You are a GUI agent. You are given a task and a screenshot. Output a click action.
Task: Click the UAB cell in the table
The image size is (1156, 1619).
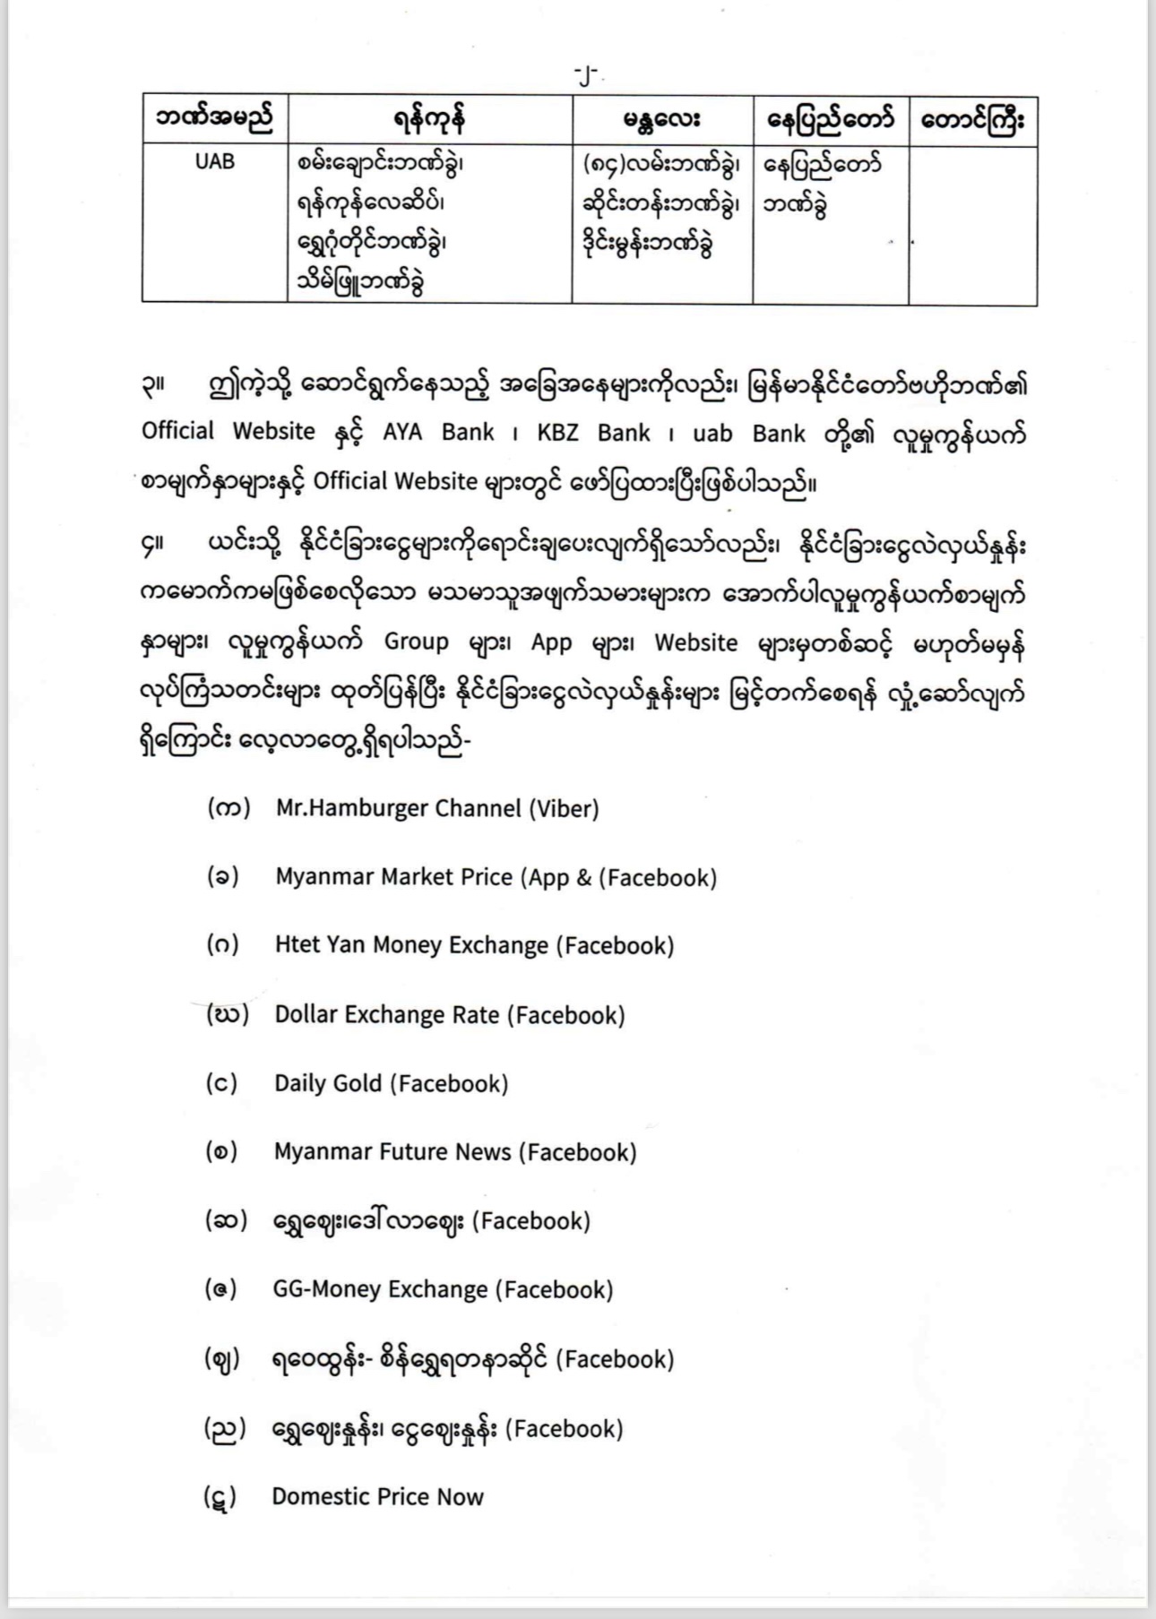coord(215,162)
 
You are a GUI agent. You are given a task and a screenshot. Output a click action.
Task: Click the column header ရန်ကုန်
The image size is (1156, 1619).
coord(430,120)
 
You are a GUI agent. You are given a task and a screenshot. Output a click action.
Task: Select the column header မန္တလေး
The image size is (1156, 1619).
coord(662,120)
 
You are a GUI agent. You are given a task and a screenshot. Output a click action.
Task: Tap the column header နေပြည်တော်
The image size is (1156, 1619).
coord(830,120)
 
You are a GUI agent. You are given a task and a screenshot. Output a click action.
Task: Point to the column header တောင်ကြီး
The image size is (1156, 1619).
coord(972,120)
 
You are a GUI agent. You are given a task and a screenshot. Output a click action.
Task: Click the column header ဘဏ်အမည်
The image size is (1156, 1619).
coord(215,120)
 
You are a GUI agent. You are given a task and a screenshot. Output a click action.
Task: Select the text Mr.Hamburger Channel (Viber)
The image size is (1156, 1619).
coord(437,808)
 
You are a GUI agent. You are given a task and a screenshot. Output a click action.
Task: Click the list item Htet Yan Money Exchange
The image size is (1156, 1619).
coord(474,945)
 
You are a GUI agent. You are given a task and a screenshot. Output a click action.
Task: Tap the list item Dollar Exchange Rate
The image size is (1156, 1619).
coord(449,1014)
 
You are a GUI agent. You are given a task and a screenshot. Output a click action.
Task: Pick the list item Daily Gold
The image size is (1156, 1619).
coord(391,1083)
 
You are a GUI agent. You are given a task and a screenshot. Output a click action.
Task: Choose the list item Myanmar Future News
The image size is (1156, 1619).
coord(455,1152)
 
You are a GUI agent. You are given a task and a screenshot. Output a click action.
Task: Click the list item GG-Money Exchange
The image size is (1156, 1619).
coord(443,1289)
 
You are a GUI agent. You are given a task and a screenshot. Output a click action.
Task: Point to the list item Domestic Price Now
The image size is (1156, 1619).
coord(377,1496)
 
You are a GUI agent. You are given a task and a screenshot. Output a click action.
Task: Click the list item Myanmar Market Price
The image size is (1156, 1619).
coord(496,877)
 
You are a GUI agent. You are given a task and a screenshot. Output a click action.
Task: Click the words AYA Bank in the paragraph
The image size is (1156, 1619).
coord(438,433)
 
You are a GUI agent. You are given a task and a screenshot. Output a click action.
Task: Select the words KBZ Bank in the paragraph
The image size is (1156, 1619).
coord(593,433)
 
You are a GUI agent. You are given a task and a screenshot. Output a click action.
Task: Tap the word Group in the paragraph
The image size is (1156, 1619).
coord(416,642)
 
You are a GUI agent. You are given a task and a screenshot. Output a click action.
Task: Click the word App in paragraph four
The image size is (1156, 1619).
coord(551,642)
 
